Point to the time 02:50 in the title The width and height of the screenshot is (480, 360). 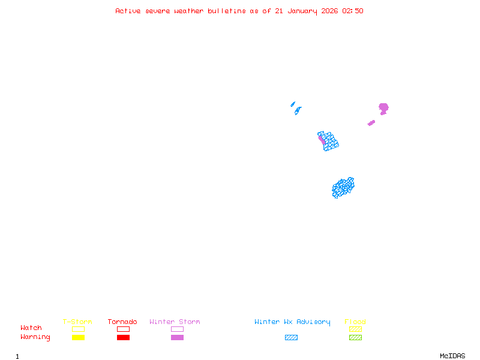pyautogui.click(x=353, y=11)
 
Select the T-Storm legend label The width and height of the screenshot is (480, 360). pyautogui.click(x=77, y=322)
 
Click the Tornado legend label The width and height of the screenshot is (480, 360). pyautogui.click(x=122, y=322)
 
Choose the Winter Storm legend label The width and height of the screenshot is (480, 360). pyautogui.click(x=175, y=322)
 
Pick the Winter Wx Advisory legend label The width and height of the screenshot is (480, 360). pyautogui.click(x=292, y=322)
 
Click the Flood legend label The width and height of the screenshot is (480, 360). pyautogui.click(x=355, y=322)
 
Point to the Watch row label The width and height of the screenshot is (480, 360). pyautogui.click(x=31, y=328)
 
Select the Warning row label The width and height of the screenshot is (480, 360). pyautogui.click(x=35, y=337)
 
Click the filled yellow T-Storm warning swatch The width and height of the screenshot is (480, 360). pyautogui.click(x=78, y=337)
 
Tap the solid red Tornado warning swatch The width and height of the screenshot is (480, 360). pyautogui.click(x=123, y=337)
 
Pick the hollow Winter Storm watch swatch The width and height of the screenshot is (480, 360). pyautogui.click(x=177, y=329)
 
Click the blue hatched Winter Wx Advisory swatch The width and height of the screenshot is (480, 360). pyautogui.click(x=291, y=337)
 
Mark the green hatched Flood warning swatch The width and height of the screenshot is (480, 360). pyautogui.click(x=355, y=337)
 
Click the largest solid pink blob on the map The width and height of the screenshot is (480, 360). pyautogui.click(x=383, y=108)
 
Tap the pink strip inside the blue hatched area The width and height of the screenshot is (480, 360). pyautogui.click(x=322, y=139)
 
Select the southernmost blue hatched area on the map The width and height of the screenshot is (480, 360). pyautogui.click(x=343, y=188)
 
